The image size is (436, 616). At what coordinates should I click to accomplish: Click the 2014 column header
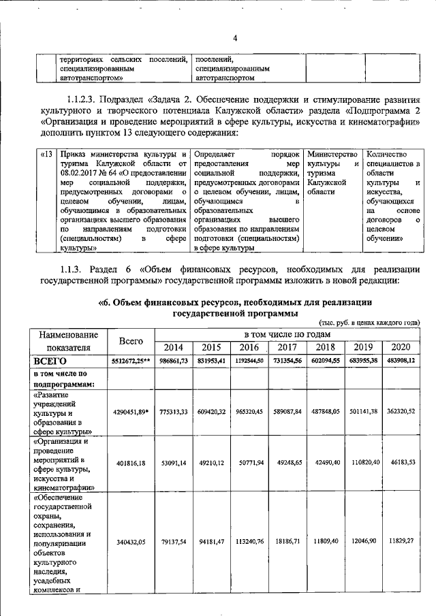174,347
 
